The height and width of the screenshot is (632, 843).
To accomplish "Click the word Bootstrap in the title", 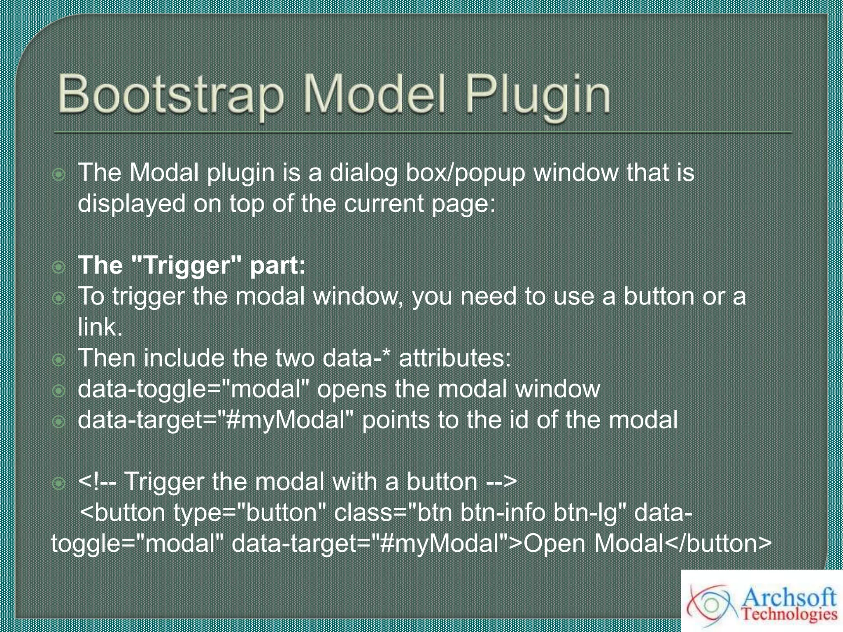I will point(170,95).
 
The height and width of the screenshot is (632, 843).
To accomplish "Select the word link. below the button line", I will point(100,327).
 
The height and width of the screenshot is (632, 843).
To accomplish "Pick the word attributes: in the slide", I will point(455,358).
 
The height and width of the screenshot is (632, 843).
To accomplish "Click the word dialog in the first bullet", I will point(363,173).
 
